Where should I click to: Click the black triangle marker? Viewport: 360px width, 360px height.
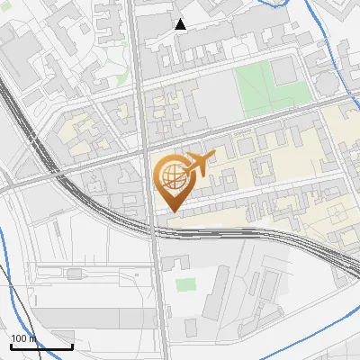180,24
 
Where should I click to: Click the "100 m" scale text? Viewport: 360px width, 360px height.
22,338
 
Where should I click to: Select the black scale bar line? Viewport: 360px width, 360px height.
41,346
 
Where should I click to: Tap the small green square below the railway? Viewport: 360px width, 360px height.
185,285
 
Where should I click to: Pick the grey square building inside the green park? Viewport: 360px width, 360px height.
284,71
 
